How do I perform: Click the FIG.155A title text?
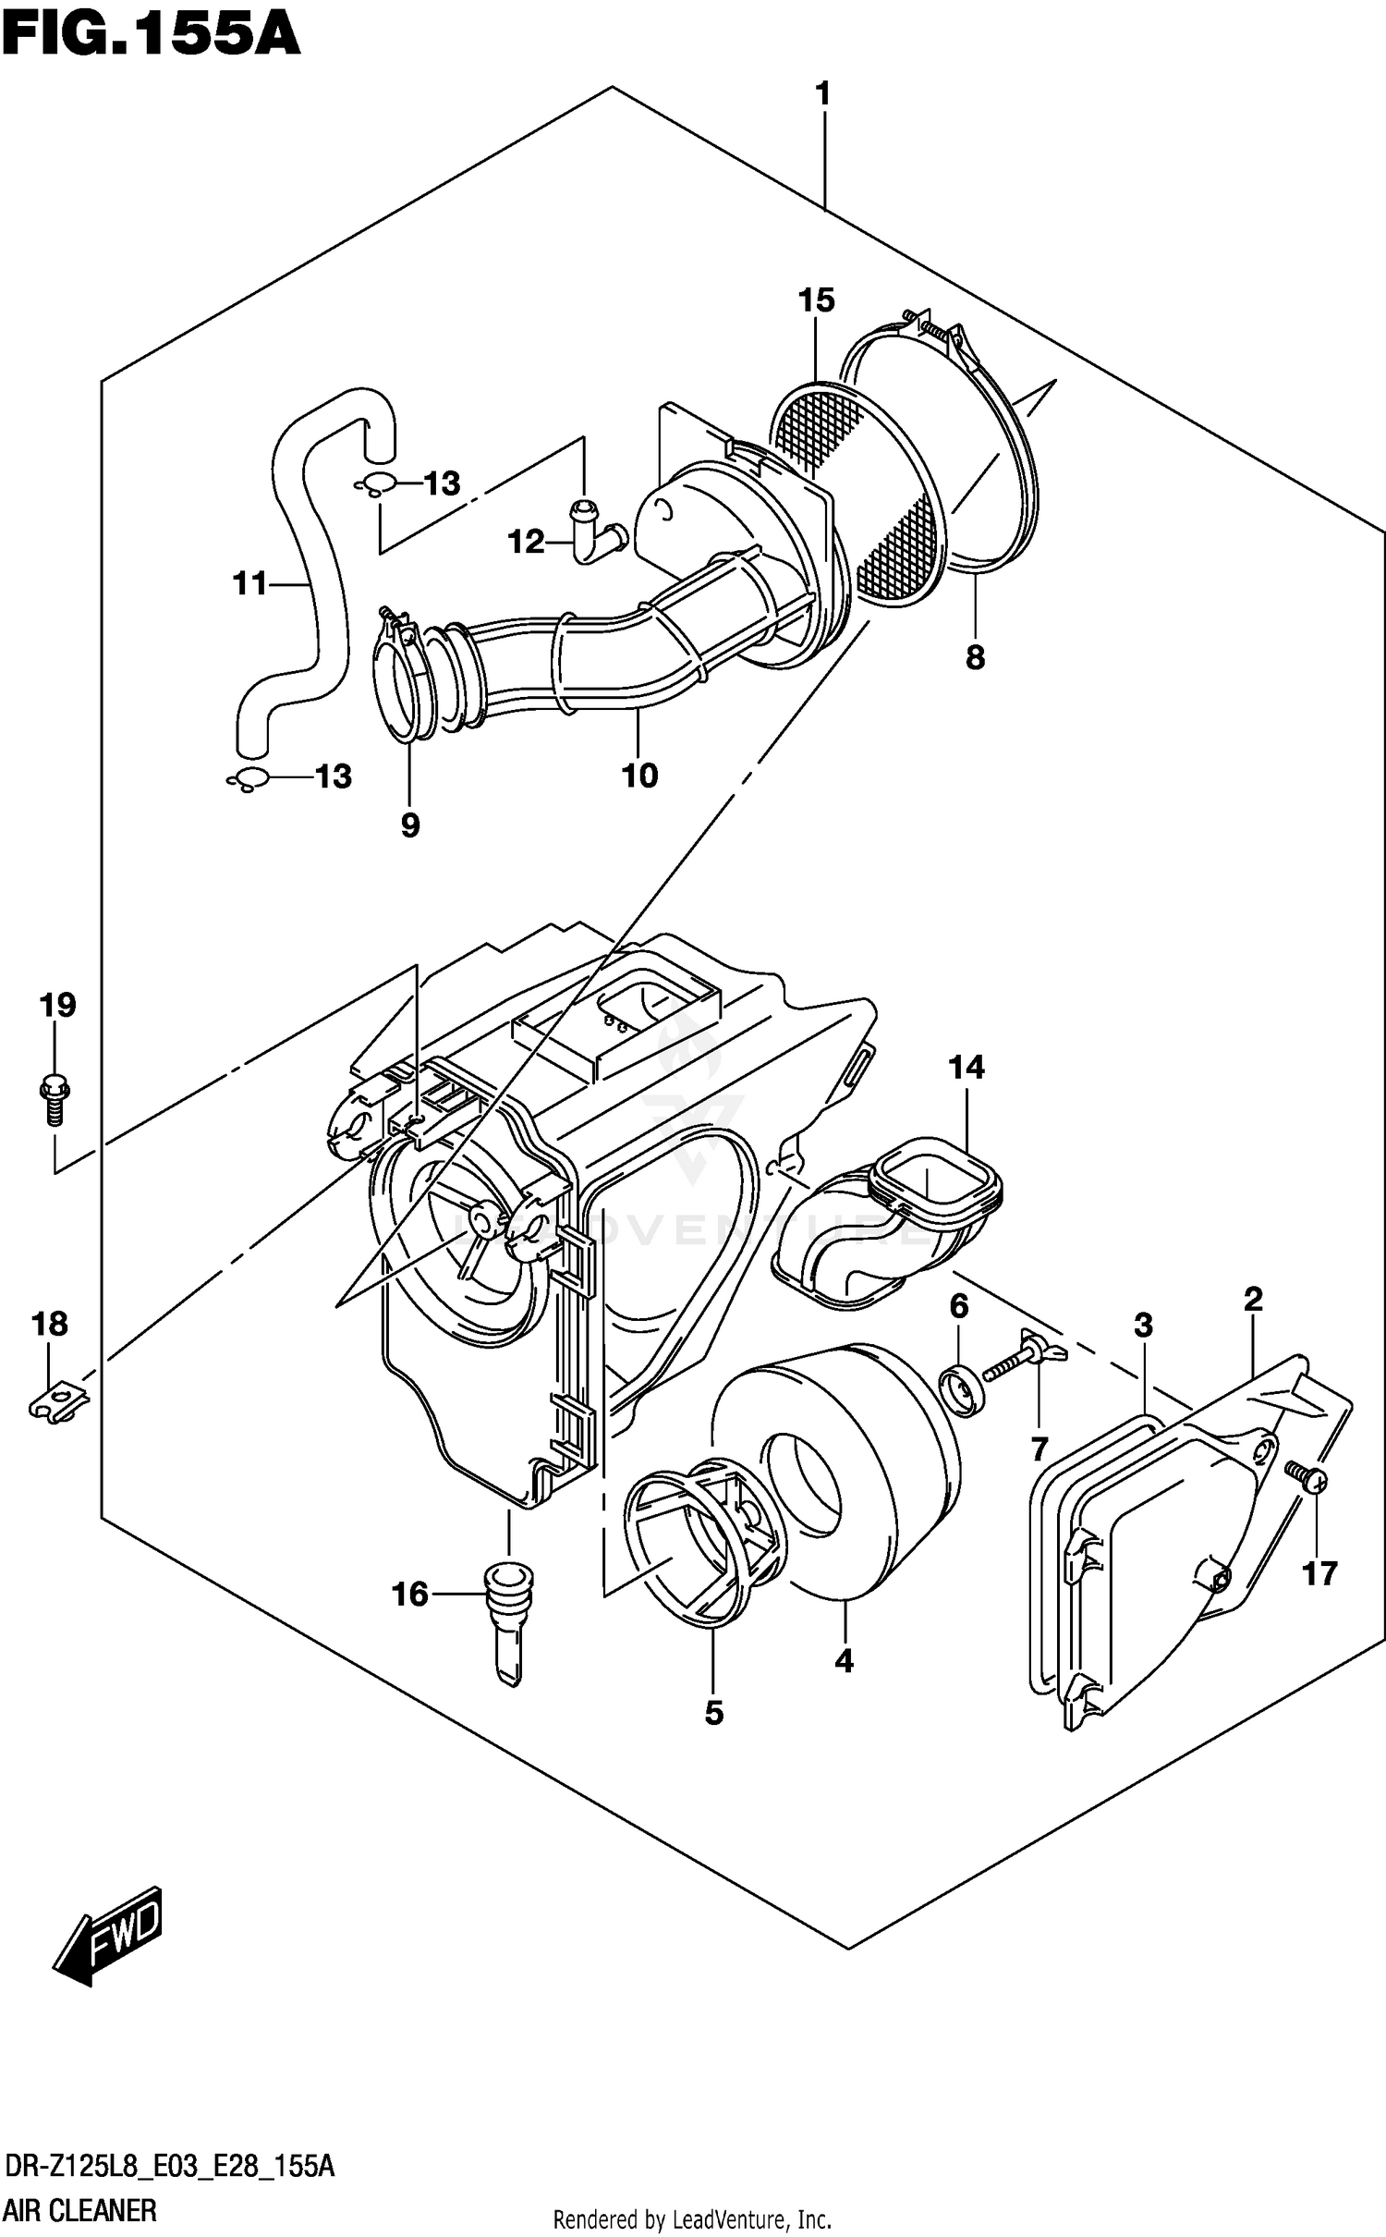click(151, 35)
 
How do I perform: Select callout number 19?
click(57, 1005)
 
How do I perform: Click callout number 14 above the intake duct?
click(966, 1068)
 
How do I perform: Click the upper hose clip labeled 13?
click(376, 483)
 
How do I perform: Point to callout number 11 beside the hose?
click(249, 583)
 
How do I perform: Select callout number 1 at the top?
click(821, 93)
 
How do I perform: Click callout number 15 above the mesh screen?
click(816, 299)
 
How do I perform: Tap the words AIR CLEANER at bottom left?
click(80, 2210)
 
